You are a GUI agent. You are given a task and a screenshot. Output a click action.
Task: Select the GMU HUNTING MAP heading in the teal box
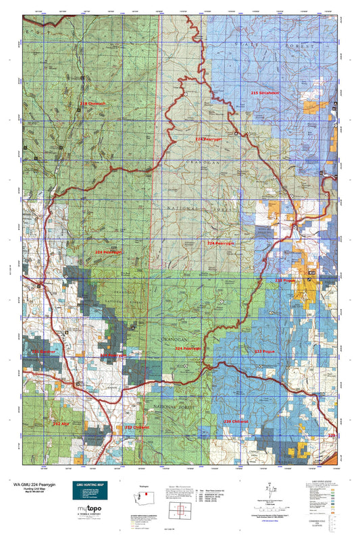93,485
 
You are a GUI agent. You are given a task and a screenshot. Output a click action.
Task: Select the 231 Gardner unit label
43,352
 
